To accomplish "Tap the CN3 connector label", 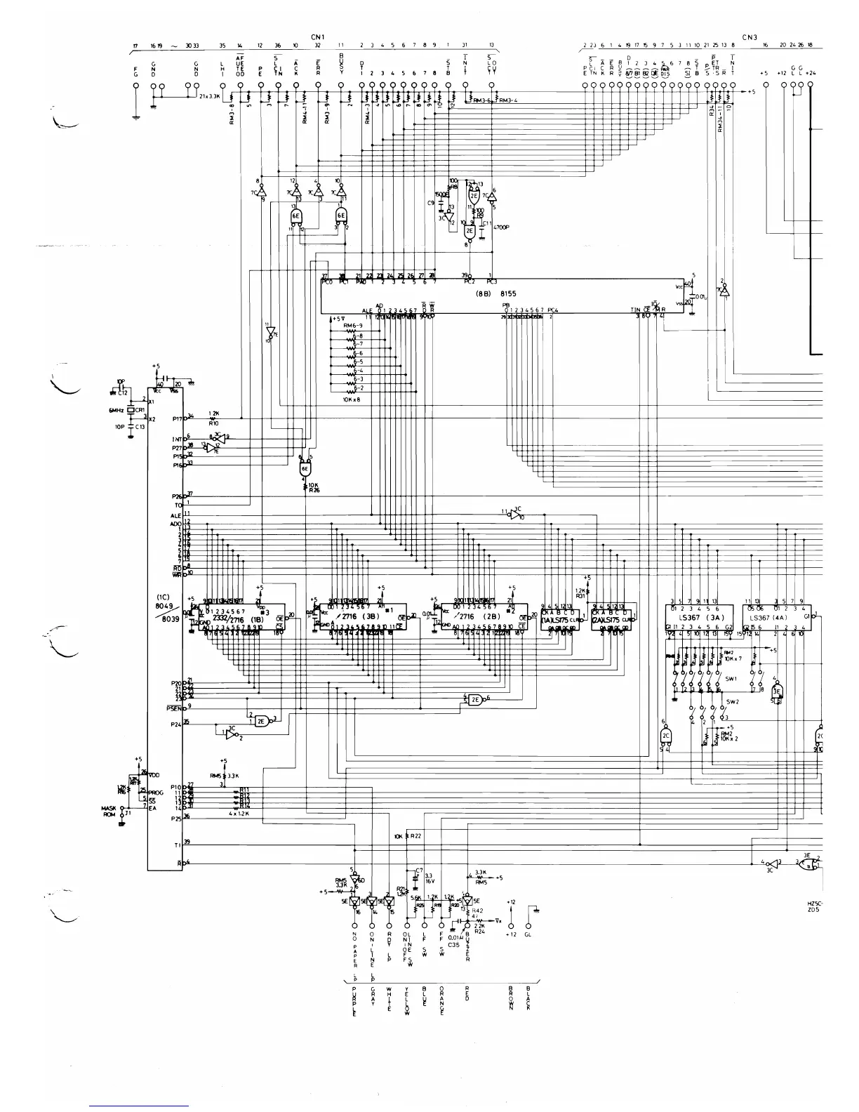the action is click(750, 37).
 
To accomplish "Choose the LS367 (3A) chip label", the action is click(698, 617).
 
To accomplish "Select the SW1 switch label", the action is click(731, 679).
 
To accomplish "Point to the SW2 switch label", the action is click(732, 701).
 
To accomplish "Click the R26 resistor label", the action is click(313, 491).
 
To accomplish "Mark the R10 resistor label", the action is click(213, 423).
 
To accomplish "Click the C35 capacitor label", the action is click(455, 945).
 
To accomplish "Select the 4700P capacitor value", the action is click(501, 228).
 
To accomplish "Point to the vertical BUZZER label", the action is click(467, 948).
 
